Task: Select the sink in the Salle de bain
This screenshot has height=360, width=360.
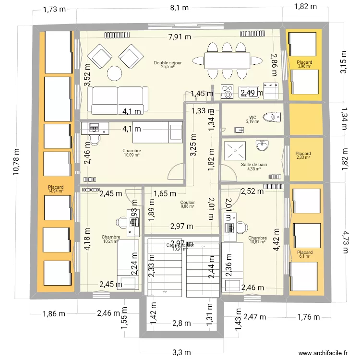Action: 262,145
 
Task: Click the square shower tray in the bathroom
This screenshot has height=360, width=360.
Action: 236,150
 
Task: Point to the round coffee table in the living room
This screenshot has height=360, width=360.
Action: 115,73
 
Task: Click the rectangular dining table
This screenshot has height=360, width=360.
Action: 227,61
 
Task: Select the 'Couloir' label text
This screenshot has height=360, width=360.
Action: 188,203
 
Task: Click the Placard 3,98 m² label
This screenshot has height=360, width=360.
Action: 304,64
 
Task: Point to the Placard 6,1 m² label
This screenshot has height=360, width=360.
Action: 304,254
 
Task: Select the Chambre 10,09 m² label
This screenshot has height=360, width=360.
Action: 131,153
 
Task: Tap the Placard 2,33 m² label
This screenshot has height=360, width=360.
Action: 303,155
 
